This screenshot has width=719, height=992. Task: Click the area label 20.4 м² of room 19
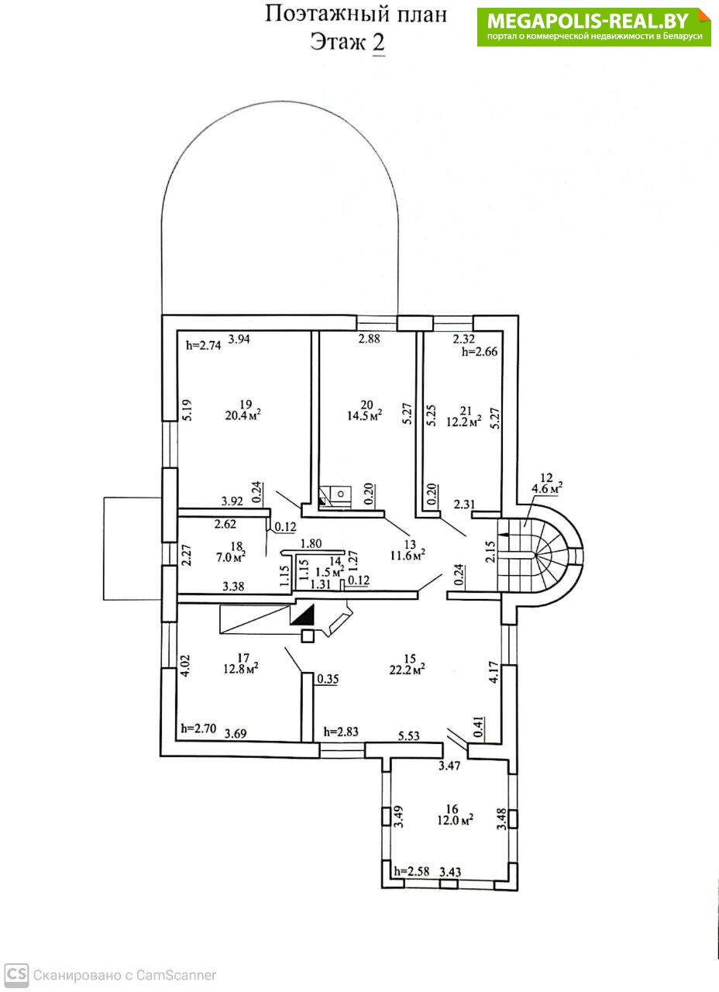click(x=243, y=416)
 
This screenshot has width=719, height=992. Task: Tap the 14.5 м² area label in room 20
click(x=364, y=415)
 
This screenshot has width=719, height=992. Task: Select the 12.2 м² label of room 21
click(x=463, y=422)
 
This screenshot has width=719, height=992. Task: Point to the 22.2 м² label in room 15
click(x=408, y=670)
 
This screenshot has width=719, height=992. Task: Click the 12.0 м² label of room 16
click(x=455, y=820)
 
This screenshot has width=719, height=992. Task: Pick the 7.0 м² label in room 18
click(x=231, y=557)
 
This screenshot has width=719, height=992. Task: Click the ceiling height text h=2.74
click(x=203, y=346)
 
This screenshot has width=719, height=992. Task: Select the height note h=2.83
click(x=341, y=732)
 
